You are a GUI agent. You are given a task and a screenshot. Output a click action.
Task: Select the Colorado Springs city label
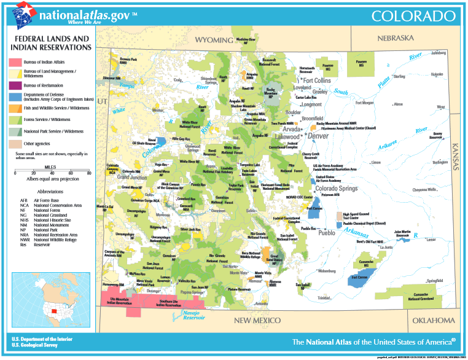(x=335, y=189)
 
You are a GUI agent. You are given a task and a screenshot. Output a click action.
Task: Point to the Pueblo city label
(x=326, y=233)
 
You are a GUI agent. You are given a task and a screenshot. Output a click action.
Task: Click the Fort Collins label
(x=316, y=80)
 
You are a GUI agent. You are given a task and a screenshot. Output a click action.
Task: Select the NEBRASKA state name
(x=396, y=38)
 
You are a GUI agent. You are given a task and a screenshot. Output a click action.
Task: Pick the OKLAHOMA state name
(x=433, y=320)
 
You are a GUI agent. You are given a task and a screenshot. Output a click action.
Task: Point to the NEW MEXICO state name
(x=260, y=321)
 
